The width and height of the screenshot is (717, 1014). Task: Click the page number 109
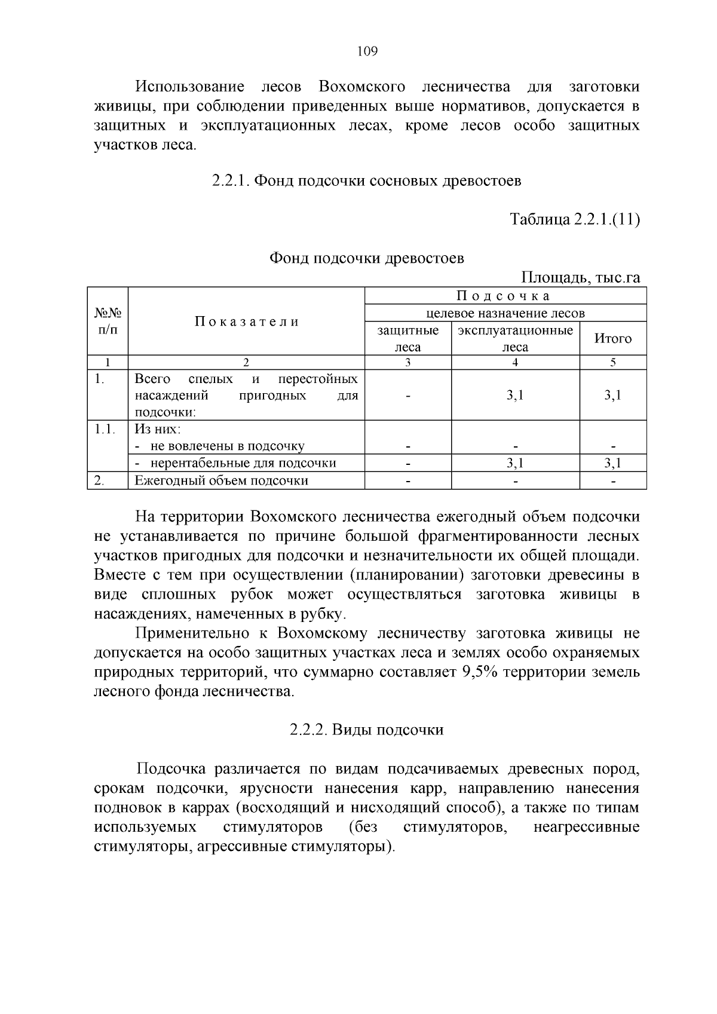pyautogui.click(x=367, y=51)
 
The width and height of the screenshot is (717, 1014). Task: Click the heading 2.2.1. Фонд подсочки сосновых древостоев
pyautogui.click(x=366, y=180)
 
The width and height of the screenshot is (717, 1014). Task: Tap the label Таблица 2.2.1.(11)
pyautogui.click(x=574, y=219)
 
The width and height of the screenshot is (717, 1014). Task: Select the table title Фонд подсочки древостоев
pyautogui.click(x=366, y=258)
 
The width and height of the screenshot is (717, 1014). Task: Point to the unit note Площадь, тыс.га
pyautogui.click(x=580, y=278)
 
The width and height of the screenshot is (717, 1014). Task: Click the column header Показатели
pyautogui.click(x=246, y=321)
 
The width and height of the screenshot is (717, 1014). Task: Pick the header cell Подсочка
pyautogui.click(x=505, y=296)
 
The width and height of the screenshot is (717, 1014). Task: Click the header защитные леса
pyautogui.click(x=408, y=339)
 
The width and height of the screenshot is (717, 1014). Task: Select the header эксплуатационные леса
pyautogui.click(x=515, y=339)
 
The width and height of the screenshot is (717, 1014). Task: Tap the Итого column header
pyautogui.click(x=612, y=339)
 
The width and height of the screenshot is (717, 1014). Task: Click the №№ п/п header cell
pyautogui.click(x=108, y=321)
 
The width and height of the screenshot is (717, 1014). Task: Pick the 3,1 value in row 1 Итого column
pyautogui.click(x=612, y=395)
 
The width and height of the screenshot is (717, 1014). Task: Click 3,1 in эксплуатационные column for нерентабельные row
pyautogui.click(x=515, y=463)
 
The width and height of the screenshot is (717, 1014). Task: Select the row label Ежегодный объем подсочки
pyautogui.click(x=221, y=480)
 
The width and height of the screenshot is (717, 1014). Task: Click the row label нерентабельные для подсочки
pyautogui.click(x=243, y=463)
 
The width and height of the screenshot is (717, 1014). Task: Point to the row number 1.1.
pyautogui.click(x=105, y=429)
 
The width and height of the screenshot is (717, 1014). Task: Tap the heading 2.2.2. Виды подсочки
pyautogui.click(x=366, y=730)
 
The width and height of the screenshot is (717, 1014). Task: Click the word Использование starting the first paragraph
pyautogui.click(x=190, y=87)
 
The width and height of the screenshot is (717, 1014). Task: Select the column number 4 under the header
pyautogui.click(x=515, y=362)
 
